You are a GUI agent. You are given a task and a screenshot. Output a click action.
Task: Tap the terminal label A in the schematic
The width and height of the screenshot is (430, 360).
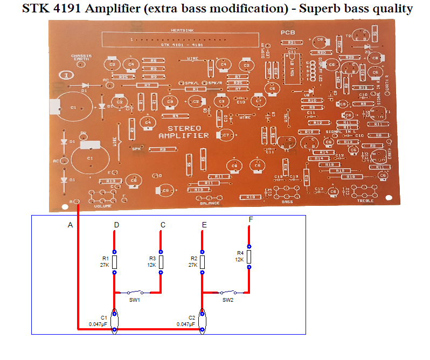pos(70,225)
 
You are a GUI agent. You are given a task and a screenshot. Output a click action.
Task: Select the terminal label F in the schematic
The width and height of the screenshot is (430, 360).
pos(251,220)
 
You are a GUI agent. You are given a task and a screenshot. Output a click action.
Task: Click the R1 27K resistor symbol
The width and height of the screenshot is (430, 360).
pos(114,262)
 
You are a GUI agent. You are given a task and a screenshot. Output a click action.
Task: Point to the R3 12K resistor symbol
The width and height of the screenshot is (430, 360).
pos(161,262)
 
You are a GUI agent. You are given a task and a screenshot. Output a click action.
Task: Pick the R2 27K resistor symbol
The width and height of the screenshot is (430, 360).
pos(202,262)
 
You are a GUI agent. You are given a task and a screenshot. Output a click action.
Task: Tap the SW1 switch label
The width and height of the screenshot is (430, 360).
pos(135,299)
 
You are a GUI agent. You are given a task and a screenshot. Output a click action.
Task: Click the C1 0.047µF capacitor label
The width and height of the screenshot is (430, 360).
pos(100,321)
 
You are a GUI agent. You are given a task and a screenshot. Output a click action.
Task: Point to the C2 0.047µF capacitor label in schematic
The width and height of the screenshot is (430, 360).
pos(187,321)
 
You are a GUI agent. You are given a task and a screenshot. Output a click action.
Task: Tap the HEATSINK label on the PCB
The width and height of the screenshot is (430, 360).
pos(178,31)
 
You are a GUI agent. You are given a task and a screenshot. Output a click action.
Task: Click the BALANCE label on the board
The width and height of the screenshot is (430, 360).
pos(210,203)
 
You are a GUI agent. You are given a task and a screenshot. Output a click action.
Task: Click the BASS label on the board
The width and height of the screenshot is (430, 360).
pos(287,202)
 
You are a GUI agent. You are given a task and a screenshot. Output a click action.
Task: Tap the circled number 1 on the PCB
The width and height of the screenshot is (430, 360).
pos(66,76)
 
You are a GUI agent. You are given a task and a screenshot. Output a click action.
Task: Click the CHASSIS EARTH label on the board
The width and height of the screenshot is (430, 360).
pos(81,57)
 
